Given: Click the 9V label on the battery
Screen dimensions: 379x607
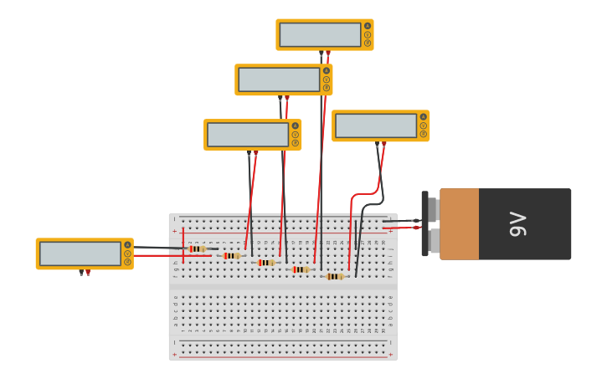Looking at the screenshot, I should tap(517, 224).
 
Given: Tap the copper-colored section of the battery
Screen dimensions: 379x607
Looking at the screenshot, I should tap(459, 224).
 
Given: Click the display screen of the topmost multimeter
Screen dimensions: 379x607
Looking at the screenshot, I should tap(320, 35).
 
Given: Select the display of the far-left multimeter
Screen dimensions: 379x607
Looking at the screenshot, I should tap(80, 254).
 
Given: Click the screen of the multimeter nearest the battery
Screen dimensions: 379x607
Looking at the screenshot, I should tap(376, 125).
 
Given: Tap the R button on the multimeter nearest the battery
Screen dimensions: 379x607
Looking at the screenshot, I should tap(424, 134).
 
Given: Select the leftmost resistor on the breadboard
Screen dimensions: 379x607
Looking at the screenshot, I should tap(197, 248).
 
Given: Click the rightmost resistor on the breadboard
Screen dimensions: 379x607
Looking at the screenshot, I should tap(335, 276).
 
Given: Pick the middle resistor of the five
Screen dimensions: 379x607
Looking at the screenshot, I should tap(265, 263).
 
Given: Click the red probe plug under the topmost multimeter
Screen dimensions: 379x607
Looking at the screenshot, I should tap(328, 53).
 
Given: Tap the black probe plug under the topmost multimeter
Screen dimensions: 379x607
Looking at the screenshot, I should tap(321, 53).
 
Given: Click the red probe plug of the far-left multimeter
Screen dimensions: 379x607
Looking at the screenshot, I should tap(88, 272).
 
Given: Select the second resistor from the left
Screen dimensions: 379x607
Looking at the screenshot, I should tap(231, 255).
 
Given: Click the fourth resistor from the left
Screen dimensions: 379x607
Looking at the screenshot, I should tap(300, 269).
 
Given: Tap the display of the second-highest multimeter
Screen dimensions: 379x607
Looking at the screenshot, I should tap(279, 79).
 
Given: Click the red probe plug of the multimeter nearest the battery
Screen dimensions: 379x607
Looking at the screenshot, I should tap(384, 144).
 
